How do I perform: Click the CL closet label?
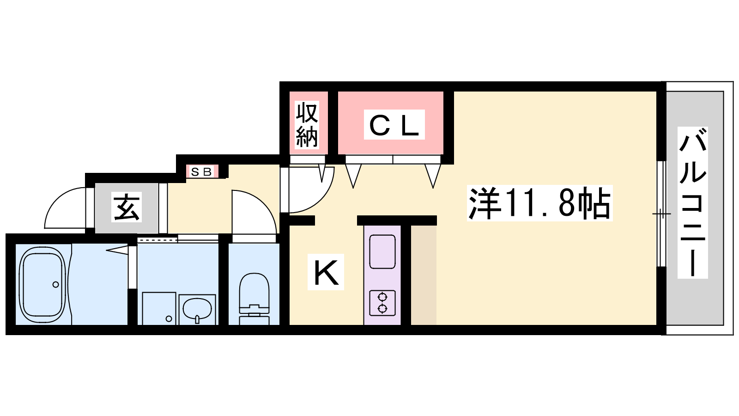pos(394,125)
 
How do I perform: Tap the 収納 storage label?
pos(307,125)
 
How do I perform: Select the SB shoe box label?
pos(201,172)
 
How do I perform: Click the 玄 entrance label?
pos(127,207)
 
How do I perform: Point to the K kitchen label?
pos(326,272)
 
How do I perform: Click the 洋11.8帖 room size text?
pos(540,203)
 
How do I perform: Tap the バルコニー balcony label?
pos(692,203)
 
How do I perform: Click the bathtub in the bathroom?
pos(42,284)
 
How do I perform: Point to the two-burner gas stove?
pos(382,303)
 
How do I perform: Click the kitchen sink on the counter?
pos(382,251)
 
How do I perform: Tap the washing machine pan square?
pos(159,308)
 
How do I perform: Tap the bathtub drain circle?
pos(55,284)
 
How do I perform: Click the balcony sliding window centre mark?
pos(661,214)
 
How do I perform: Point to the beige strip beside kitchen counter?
pos(424,275)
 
